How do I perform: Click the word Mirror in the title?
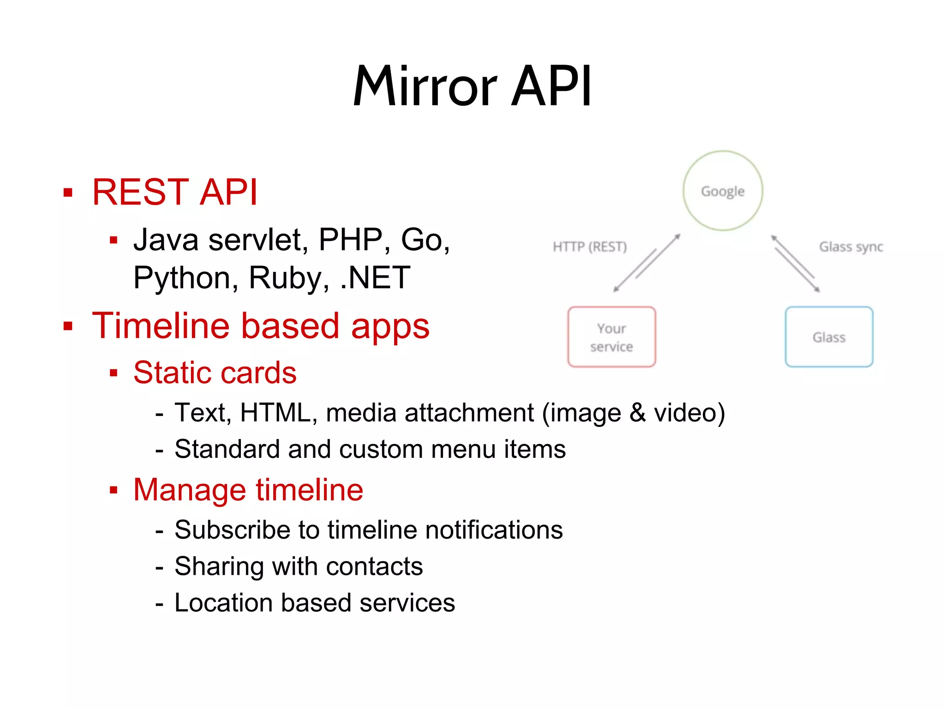tap(425, 87)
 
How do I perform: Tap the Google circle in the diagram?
tap(723, 191)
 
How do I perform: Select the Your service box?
tap(611, 337)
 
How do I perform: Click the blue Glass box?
tap(829, 337)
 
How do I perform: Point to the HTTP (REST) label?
tap(590, 247)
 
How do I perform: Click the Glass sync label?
tap(851, 247)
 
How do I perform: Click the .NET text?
tap(375, 278)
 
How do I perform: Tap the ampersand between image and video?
tap(637, 412)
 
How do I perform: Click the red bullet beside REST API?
tap(68, 192)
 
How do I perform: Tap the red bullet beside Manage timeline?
tap(114, 490)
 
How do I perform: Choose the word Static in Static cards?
tap(173, 373)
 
